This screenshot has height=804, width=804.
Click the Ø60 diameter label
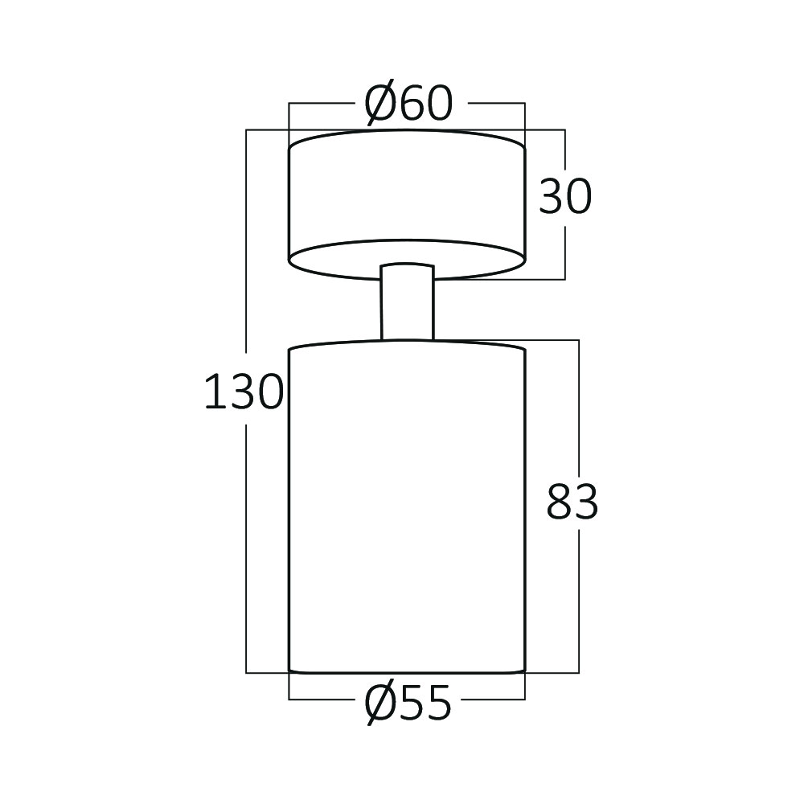pos(408,103)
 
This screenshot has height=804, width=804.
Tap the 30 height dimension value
pos(565,196)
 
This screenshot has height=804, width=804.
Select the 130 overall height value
pos(244,392)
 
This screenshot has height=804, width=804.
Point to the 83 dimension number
pos(572,501)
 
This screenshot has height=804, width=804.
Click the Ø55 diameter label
pos(408,703)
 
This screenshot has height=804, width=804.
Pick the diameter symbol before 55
pos(379,703)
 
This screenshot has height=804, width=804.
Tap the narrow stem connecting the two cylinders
pos(407,301)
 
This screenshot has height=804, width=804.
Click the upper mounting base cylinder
pos(407,205)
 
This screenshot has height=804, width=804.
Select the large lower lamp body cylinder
pos(407,506)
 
